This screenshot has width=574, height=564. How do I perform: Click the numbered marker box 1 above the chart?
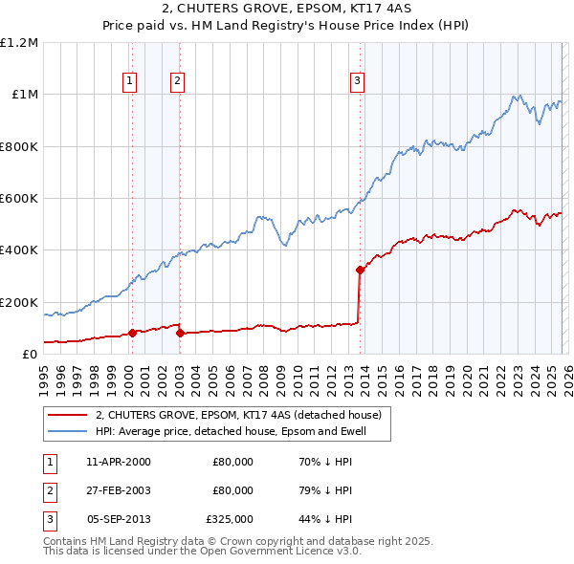(129, 81)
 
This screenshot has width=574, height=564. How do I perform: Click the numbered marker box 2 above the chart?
(178, 81)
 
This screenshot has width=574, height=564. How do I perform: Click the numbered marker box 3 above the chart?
(357, 81)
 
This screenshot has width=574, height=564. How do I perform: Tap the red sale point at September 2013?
(360, 270)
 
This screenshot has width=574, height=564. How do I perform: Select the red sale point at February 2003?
(180, 333)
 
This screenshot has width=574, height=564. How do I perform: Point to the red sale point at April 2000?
(132, 333)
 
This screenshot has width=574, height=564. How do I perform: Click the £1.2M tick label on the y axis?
(19, 43)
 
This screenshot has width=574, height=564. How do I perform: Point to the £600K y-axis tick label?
(19, 199)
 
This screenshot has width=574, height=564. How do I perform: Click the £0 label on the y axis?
(30, 355)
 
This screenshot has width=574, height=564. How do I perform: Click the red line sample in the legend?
(67, 415)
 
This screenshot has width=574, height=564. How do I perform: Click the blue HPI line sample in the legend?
(67, 431)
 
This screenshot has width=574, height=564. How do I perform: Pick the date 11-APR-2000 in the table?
(118, 462)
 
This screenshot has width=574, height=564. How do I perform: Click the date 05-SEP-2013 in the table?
(118, 519)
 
